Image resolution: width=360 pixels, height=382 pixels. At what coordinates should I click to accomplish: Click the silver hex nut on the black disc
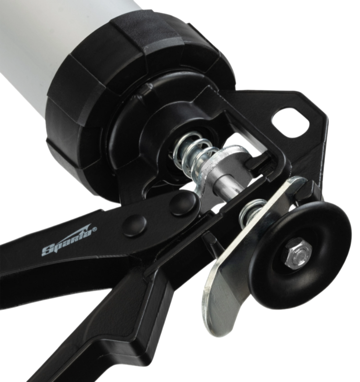point(297,254)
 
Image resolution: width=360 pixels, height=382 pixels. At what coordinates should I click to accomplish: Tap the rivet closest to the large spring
point(183,203)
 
